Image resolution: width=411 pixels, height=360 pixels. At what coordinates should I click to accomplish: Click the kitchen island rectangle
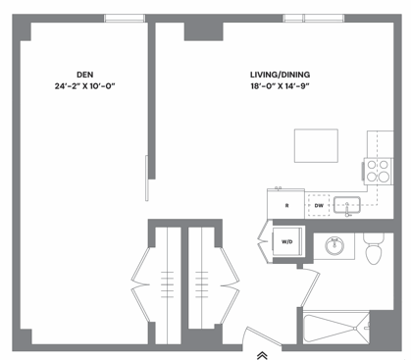pyautogui.click(x=316, y=145)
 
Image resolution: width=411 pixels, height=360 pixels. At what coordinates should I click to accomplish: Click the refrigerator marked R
pyautogui.click(x=286, y=205)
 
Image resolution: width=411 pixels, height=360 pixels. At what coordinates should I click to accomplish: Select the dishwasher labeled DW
pyautogui.click(x=320, y=205)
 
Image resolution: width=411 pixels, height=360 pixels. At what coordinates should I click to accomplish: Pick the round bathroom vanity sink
pyautogui.click(x=334, y=245)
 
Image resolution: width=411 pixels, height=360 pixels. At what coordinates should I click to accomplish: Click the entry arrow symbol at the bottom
pyautogui.click(x=262, y=354)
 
